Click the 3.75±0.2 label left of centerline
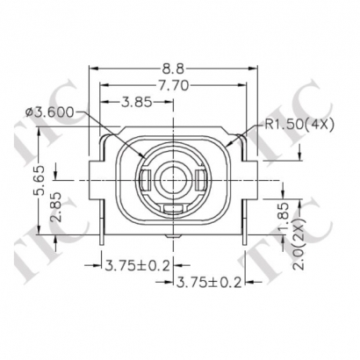(x=137, y=263)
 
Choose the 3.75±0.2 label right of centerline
(x=209, y=283)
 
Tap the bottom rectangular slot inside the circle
(x=174, y=209)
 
